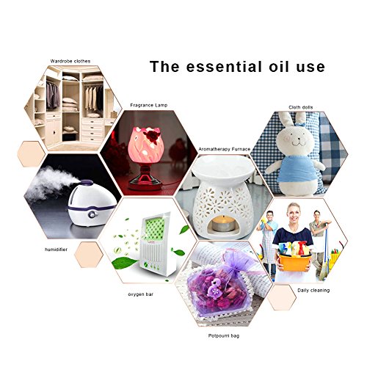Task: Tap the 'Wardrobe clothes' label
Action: pos(70,61)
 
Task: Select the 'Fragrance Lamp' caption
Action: pos(149,105)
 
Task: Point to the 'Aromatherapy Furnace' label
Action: pos(225,149)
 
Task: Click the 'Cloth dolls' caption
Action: pos(301,107)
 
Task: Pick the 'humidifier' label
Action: pos(56,250)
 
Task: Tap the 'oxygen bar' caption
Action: pos(141,294)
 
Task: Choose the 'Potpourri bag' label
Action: pos(224,335)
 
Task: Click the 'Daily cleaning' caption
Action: pos(313,291)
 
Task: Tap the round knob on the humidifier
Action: pos(92,214)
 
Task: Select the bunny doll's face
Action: pos(295,140)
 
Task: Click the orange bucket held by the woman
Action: pos(295,262)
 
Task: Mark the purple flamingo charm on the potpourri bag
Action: pos(214,290)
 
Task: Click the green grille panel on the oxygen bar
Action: pos(155,229)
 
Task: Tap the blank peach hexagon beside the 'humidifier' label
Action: pos(89,255)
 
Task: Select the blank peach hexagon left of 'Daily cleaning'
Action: pos(282,297)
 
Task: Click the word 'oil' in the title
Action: pos(279,66)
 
